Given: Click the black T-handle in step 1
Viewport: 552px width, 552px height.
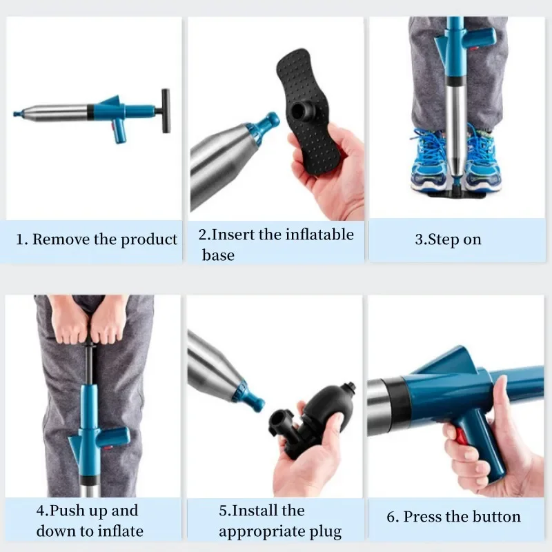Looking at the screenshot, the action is [165, 110].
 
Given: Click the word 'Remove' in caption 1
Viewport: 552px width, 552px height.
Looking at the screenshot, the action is [61, 239].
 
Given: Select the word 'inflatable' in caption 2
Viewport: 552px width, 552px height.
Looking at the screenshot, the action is [319, 235].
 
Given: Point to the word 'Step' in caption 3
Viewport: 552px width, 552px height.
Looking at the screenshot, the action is [442, 240].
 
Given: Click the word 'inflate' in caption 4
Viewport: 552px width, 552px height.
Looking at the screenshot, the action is [120, 531].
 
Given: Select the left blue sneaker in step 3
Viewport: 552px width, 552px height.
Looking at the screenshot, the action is [427, 160].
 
